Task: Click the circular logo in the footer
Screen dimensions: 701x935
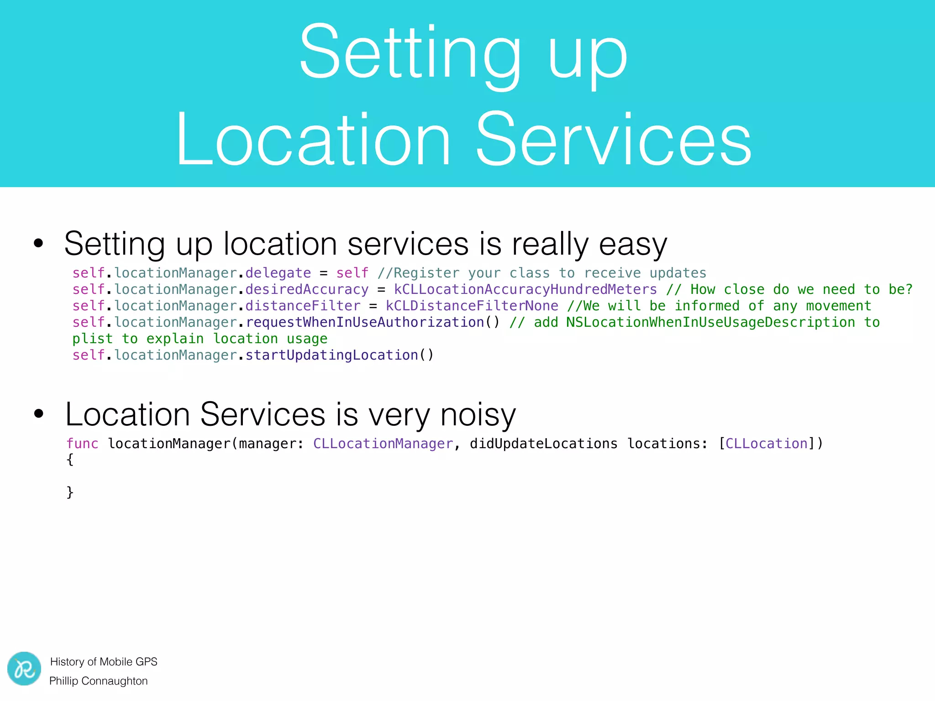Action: click(x=24, y=669)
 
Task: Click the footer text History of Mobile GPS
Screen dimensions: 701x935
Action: click(x=104, y=662)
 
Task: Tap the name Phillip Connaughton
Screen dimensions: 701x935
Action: click(x=99, y=681)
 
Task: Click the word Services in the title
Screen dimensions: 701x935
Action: click(x=614, y=139)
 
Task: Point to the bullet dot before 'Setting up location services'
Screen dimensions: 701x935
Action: click(x=39, y=243)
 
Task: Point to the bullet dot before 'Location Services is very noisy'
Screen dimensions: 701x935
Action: click(x=39, y=414)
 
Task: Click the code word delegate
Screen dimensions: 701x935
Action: click(x=278, y=273)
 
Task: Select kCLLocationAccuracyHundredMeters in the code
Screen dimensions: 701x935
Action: click(x=525, y=289)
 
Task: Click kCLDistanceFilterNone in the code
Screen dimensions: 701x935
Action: click(x=472, y=306)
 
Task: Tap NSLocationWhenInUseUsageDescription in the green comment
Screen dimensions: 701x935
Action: click(x=710, y=322)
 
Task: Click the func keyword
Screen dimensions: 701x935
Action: click(x=82, y=444)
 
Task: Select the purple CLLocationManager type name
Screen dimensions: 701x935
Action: click(x=383, y=444)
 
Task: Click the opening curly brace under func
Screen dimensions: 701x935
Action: click(x=70, y=460)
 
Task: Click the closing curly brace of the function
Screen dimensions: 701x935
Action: click(x=70, y=492)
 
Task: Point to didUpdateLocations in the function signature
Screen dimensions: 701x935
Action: click(x=543, y=444)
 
